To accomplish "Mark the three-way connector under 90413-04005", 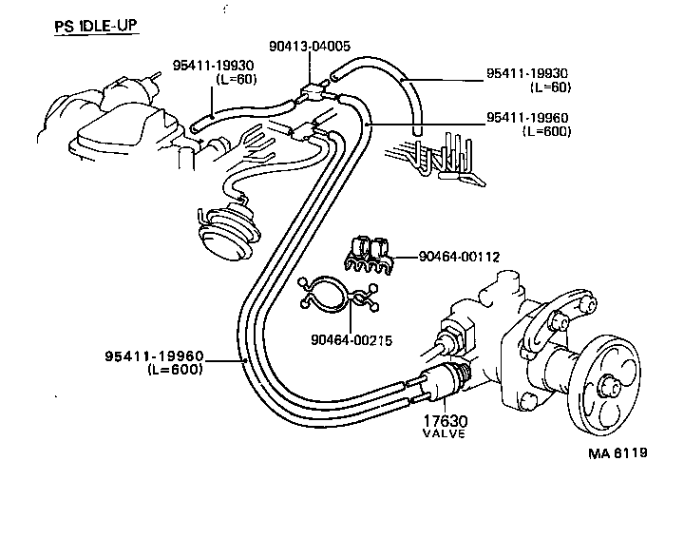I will [311, 93].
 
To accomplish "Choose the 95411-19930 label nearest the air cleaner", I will [214, 65].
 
